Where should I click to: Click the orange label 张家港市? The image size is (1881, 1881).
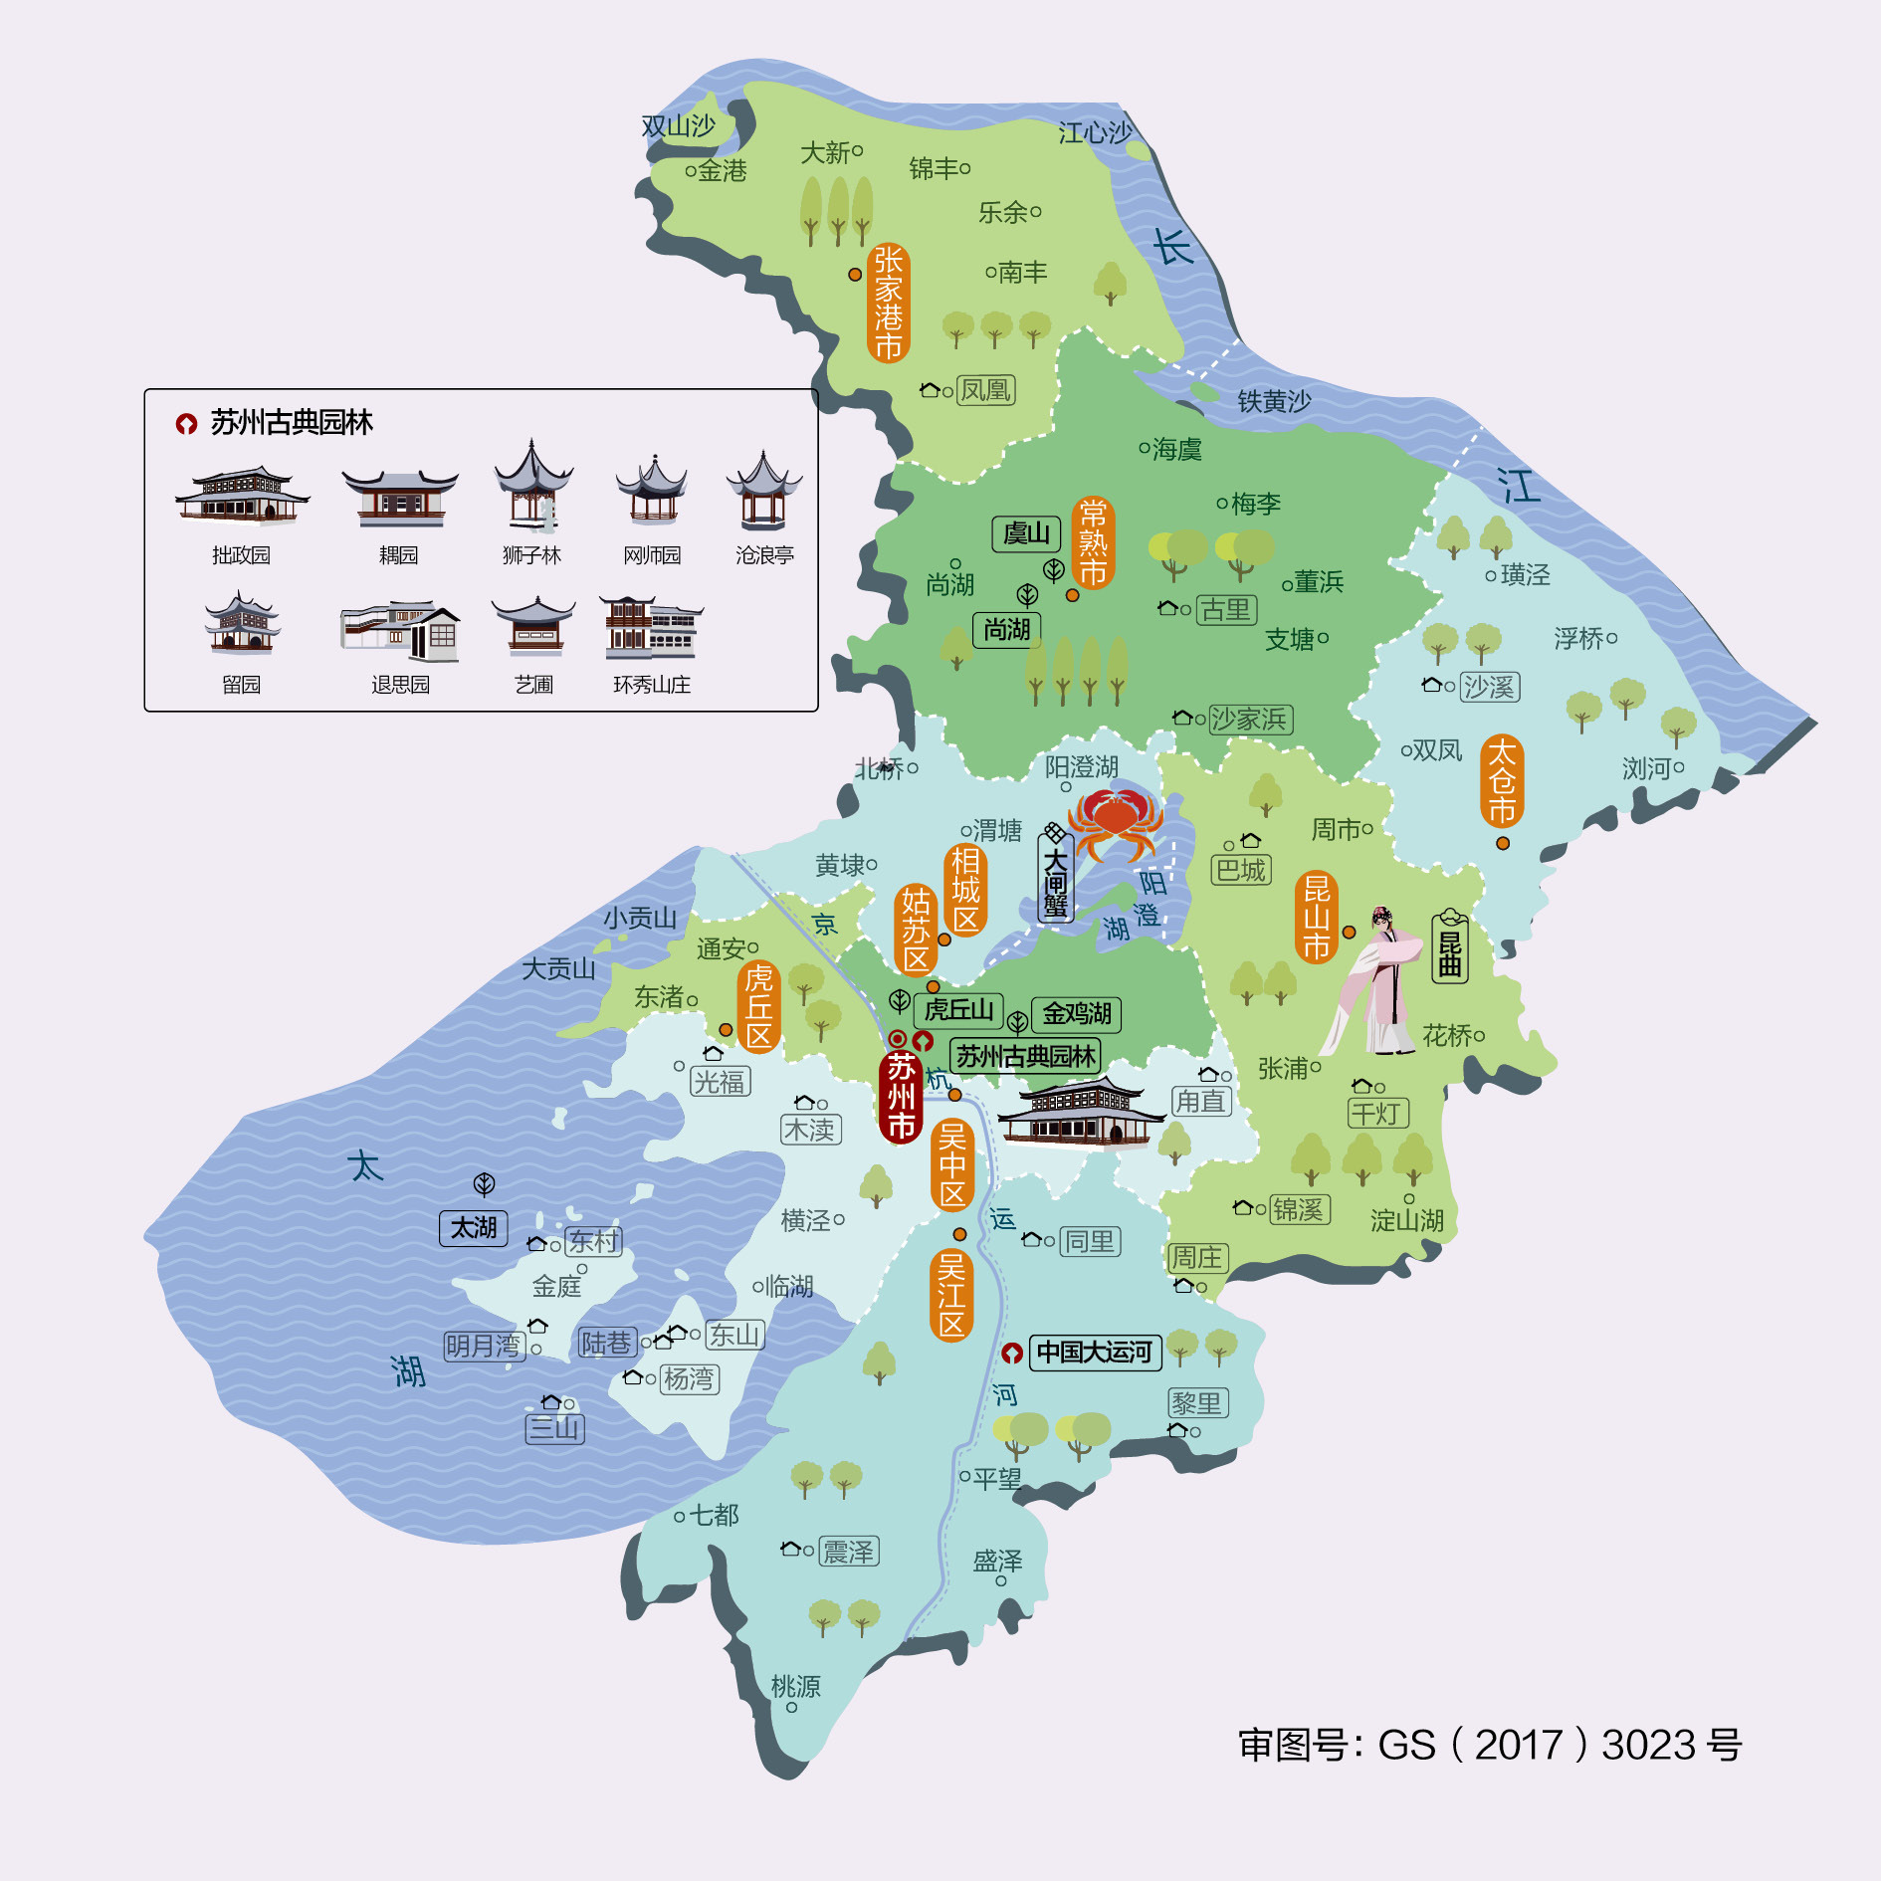click(x=888, y=303)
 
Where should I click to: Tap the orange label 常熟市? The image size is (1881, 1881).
click(x=1093, y=542)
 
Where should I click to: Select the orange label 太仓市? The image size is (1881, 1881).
click(x=1502, y=781)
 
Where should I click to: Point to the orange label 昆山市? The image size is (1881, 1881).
click(x=1317, y=918)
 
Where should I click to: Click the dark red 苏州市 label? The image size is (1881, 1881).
click(x=901, y=1096)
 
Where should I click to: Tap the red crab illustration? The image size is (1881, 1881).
click(x=1116, y=821)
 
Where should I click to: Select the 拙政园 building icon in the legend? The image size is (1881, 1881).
click(x=242, y=495)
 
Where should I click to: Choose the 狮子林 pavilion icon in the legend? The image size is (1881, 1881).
click(x=533, y=488)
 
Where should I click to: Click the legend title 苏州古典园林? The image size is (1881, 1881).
click(x=291, y=423)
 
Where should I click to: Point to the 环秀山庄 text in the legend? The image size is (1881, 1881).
click(x=652, y=685)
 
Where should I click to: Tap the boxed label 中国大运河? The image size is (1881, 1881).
click(x=1094, y=1353)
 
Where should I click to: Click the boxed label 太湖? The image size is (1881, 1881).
click(x=474, y=1228)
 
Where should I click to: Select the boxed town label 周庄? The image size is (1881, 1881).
click(x=1196, y=1258)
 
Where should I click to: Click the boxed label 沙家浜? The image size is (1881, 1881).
click(x=1249, y=720)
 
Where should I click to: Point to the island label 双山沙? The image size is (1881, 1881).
click(x=678, y=126)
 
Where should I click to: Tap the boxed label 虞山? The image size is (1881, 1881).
click(x=1026, y=534)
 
